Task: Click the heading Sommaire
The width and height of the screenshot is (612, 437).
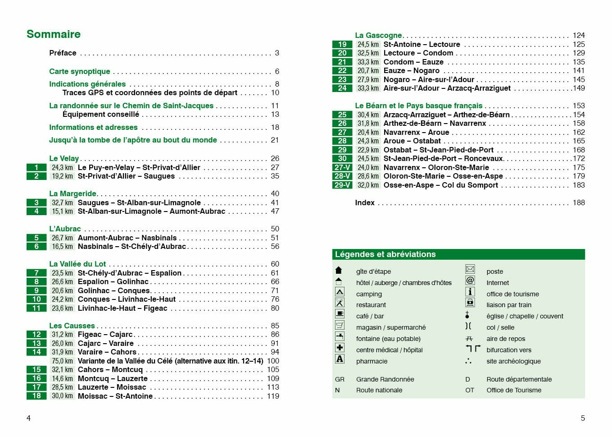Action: click(54, 34)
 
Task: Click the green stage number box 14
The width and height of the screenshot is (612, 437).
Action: click(36, 352)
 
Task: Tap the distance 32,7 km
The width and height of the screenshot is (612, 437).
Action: click(62, 202)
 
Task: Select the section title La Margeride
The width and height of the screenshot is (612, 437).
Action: click(73, 193)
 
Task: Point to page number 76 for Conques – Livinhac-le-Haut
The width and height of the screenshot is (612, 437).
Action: click(275, 299)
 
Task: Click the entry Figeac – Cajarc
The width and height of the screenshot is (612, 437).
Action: click(105, 334)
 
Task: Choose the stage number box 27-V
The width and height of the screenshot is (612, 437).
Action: click(342, 167)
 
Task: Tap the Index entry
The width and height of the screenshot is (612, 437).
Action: click(365, 202)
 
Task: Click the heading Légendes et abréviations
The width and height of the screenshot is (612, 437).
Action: click(385, 254)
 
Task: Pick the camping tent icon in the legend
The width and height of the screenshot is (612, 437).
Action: click(340, 292)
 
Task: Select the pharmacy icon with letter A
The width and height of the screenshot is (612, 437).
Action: click(340, 359)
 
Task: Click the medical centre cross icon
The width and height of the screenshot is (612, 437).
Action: click(340, 348)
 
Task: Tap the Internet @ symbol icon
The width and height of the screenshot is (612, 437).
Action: click(470, 281)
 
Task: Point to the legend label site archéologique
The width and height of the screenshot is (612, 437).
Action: click(513, 361)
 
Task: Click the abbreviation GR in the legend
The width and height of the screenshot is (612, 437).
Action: click(340, 379)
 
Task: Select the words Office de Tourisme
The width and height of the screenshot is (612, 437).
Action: click(514, 390)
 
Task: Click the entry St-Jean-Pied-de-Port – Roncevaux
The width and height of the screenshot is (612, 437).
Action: click(443, 158)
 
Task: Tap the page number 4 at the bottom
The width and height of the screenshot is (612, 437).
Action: click(28, 418)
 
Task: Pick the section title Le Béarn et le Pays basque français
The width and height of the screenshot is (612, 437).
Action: click(418, 106)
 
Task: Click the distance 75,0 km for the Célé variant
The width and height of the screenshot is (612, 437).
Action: click(62, 361)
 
